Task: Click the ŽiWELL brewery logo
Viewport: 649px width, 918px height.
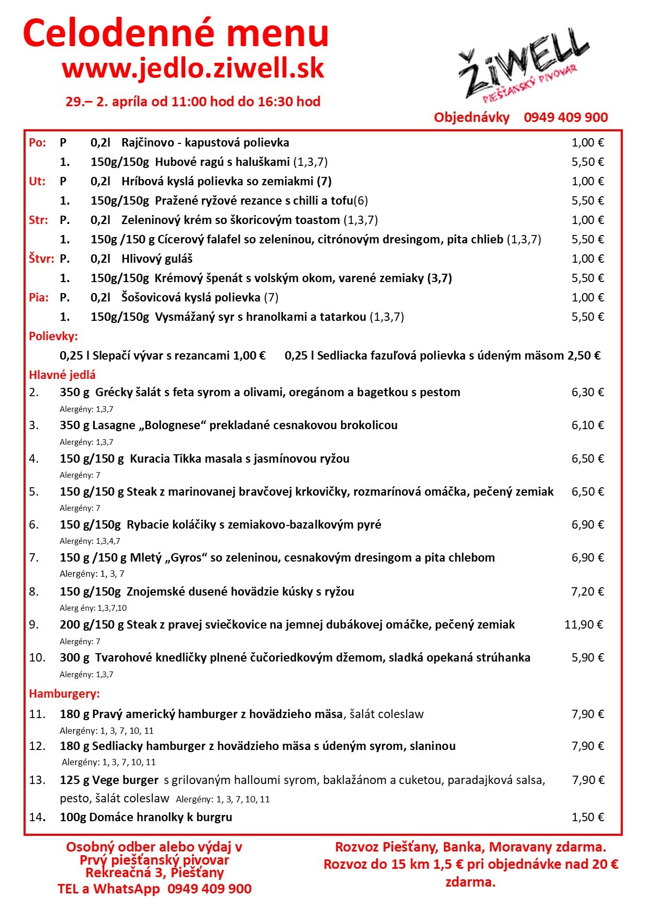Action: tap(523, 68)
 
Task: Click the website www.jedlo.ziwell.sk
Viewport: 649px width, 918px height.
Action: tap(193, 68)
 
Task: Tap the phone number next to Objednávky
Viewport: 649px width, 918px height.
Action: tap(566, 117)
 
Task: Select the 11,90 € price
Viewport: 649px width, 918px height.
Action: tap(584, 624)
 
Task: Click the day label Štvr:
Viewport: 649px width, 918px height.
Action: tap(41, 259)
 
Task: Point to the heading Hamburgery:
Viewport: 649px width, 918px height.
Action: tap(64, 693)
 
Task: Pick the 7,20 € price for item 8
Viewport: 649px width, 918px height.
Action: tap(587, 591)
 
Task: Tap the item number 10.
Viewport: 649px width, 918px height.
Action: tap(37, 657)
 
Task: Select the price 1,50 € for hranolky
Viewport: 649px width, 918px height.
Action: tap(587, 817)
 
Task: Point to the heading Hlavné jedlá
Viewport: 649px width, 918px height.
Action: tap(62, 375)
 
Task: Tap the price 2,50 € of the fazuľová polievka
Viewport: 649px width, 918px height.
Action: tap(584, 355)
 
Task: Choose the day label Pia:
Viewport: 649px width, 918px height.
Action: tap(39, 297)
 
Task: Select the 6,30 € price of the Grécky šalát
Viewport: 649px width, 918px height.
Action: tap(587, 392)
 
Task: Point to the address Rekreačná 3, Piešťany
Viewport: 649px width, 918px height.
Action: tap(154, 872)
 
